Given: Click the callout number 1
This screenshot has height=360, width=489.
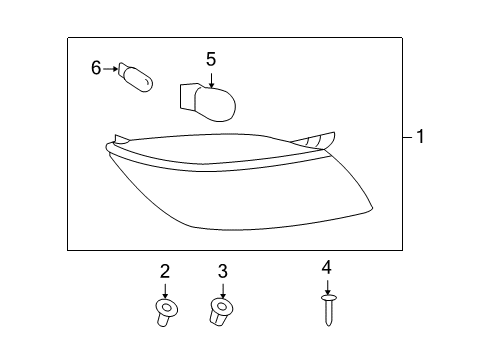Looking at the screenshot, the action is click(x=420, y=137).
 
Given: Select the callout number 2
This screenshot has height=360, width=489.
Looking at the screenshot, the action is click(x=165, y=271).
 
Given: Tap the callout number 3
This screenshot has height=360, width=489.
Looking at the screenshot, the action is click(x=223, y=271).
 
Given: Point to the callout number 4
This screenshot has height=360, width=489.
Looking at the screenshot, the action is click(x=327, y=268).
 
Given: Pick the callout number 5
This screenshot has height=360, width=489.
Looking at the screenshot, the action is click(x=211, y=59).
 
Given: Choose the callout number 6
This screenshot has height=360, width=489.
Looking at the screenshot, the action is click(x=96, y=68).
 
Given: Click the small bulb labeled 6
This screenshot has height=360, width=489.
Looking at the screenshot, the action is click(x=136, y=77).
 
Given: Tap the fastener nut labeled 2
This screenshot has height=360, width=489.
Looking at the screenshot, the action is click(x=166, y=313).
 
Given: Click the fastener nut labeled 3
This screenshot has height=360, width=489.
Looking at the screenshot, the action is click(x=221, y=312).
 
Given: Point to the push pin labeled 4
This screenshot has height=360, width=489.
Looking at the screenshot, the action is click(x=328, y=310).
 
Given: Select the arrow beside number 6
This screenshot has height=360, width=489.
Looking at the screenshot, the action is click(x=111, y=69).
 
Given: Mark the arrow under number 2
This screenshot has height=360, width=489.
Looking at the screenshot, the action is click(x=165, y=291).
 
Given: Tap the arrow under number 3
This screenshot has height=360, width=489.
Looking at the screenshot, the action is click(x=223, y=291).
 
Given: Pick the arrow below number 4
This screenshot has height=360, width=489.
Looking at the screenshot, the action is click(x=328, y=287).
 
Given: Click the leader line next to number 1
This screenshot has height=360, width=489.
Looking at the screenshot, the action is click(x=407, y=137).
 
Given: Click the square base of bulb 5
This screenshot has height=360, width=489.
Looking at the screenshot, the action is click(x=187, y=96).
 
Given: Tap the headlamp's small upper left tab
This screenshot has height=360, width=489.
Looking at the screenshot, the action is click(x=121, y=139).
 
